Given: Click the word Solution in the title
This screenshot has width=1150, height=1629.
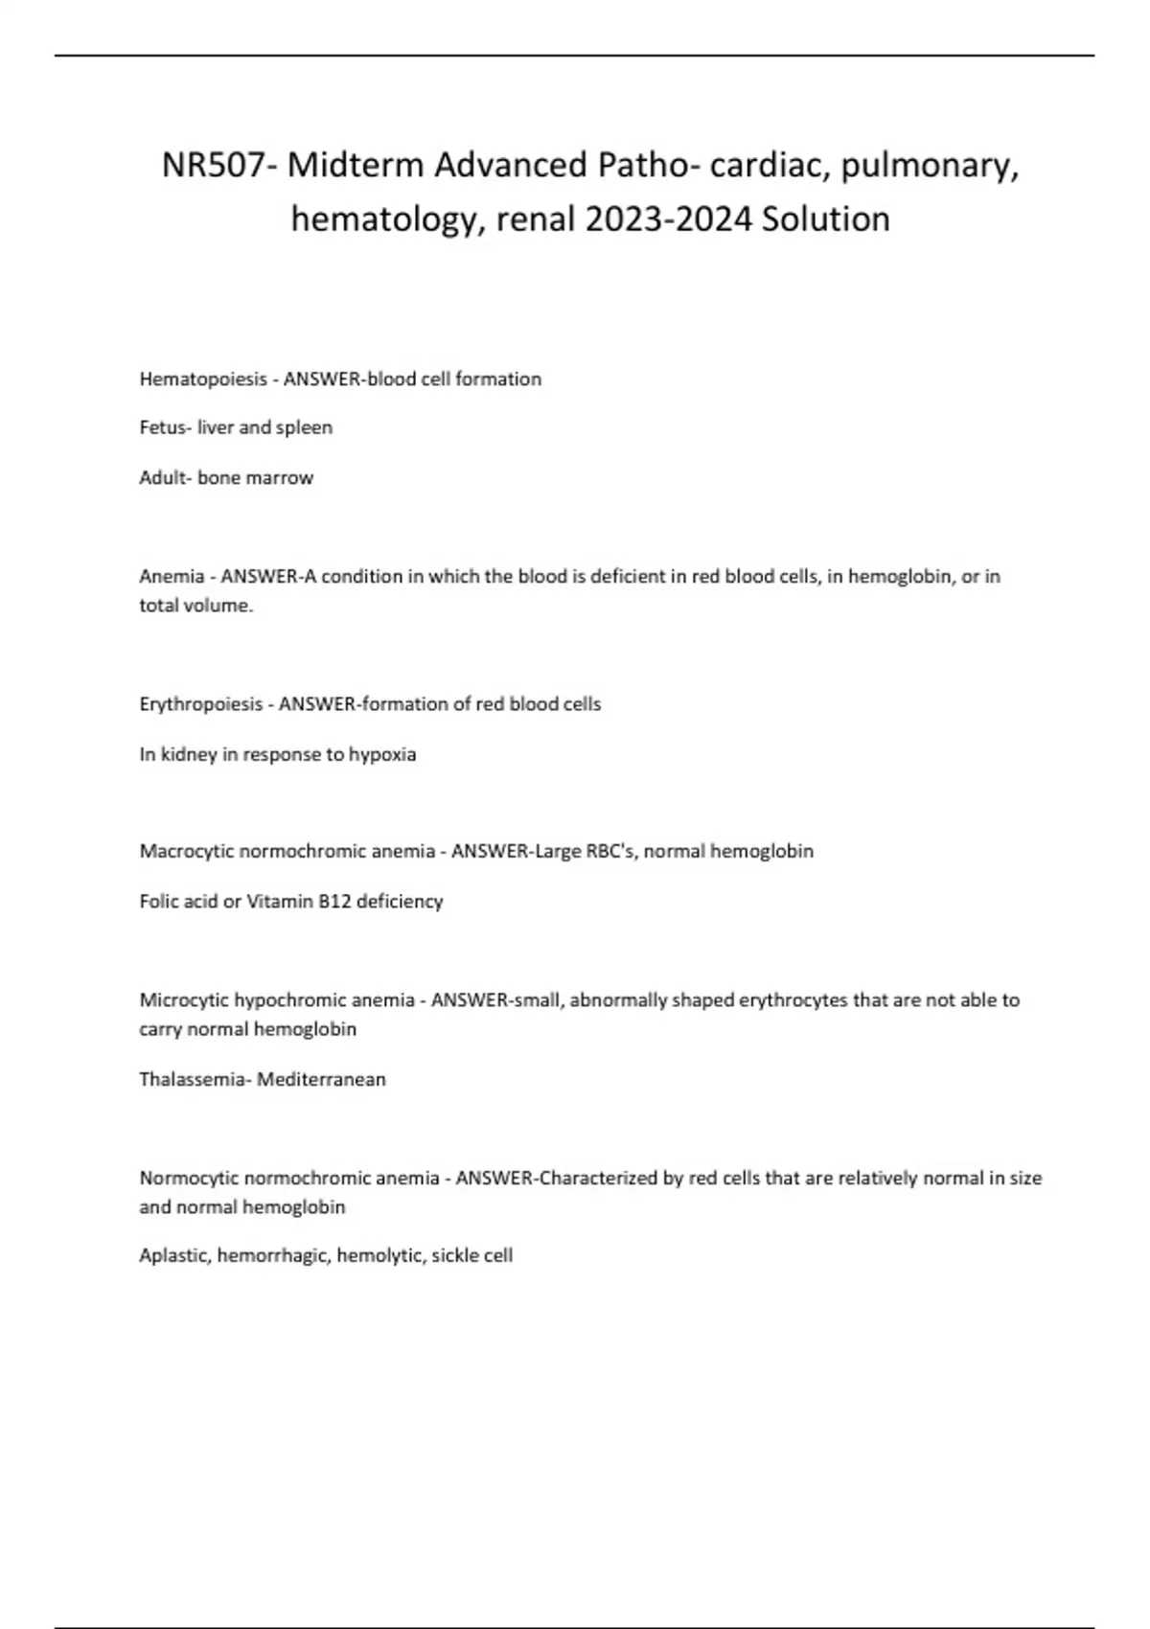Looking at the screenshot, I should coord(826,219).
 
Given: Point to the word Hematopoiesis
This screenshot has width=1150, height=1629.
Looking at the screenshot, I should coord(203,379).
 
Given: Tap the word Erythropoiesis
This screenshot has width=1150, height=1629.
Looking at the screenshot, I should coord(201,704).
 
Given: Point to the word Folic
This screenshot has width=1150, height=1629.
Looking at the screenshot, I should coord(160,901).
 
